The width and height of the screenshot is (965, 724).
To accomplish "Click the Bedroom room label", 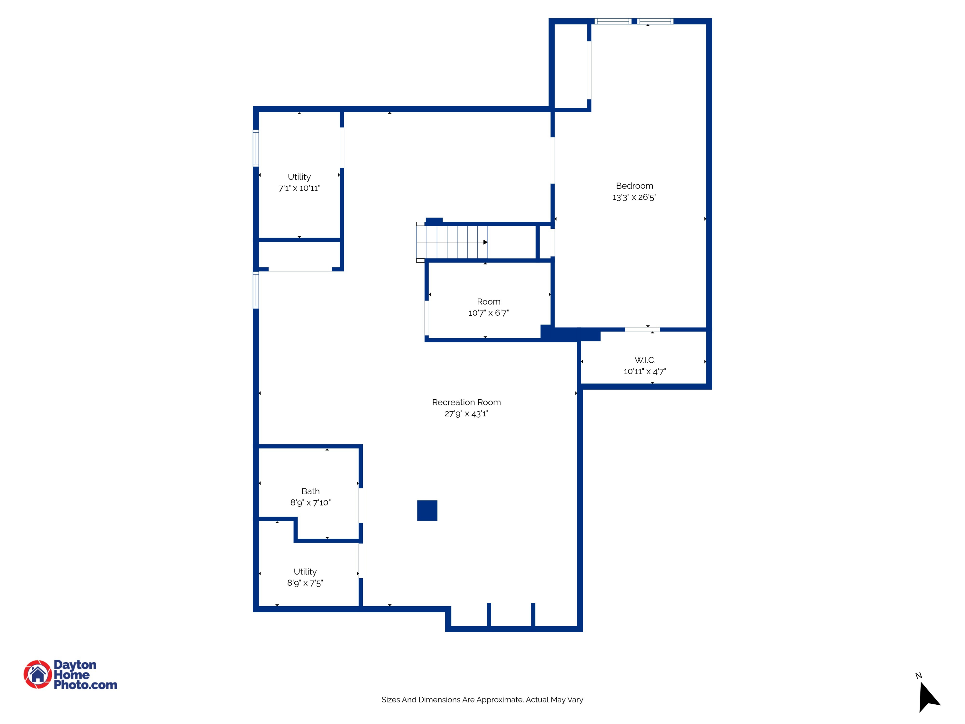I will (634, 186).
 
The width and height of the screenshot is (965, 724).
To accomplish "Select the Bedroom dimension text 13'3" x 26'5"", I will (634, 197).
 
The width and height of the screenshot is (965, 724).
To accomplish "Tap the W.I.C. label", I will (645, 360).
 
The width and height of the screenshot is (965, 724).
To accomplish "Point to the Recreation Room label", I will (466, 402).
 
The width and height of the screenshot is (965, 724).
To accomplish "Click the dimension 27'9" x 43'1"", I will (466, 414).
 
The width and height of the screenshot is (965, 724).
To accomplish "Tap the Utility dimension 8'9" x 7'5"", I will (305, 583).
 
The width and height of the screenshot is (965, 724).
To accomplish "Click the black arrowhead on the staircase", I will (485, 242).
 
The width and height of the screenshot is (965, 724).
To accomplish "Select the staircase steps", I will (452, 242).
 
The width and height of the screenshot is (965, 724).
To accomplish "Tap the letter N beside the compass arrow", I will (918, 675).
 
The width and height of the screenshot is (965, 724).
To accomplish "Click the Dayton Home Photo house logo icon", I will (38, 674).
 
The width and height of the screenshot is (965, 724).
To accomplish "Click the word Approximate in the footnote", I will (499, 700).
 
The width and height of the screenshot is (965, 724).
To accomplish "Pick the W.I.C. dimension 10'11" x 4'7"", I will (645, 371).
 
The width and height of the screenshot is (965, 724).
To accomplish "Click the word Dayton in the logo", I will (75, 665).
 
